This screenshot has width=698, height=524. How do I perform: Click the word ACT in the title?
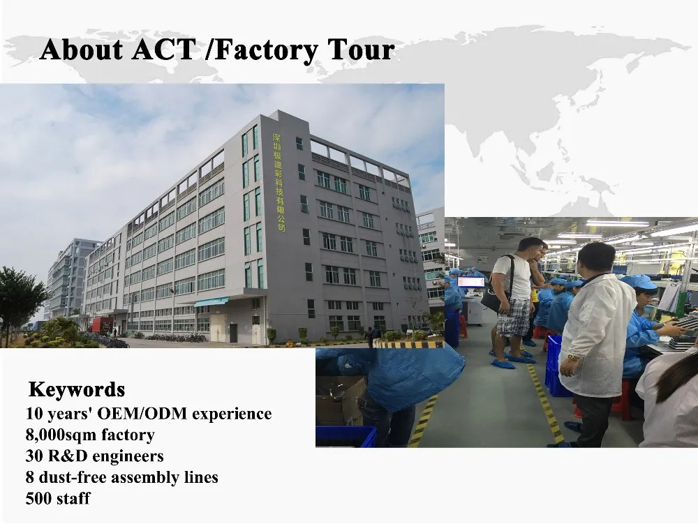(163, 49)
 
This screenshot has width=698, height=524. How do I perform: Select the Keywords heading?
(77, 389)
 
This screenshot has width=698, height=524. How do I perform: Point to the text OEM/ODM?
(142, 414)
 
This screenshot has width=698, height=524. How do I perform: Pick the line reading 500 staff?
(58, 499)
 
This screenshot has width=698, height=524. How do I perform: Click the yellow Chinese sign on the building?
(279, 182)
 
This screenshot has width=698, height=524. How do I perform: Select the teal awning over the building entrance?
(211, 302)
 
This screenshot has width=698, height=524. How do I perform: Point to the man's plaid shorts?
(513, 317)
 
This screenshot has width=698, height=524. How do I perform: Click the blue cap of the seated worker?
(639, 282)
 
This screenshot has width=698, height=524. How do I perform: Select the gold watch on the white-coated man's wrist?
(572, 357)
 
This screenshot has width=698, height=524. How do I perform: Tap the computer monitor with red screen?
(471, 282)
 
